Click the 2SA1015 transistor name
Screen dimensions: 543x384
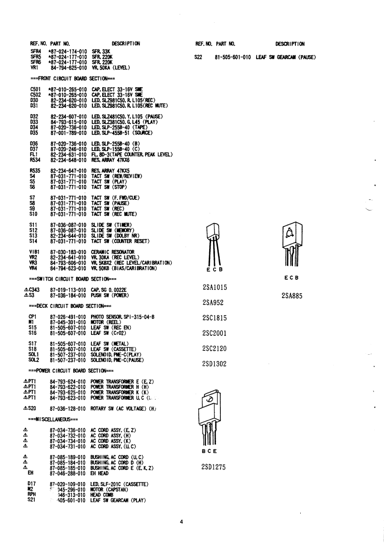pos(215,287)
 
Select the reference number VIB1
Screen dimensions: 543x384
pos(35,251)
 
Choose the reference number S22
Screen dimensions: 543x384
pos(198,57)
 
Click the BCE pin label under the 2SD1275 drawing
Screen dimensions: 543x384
pos(209,451)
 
